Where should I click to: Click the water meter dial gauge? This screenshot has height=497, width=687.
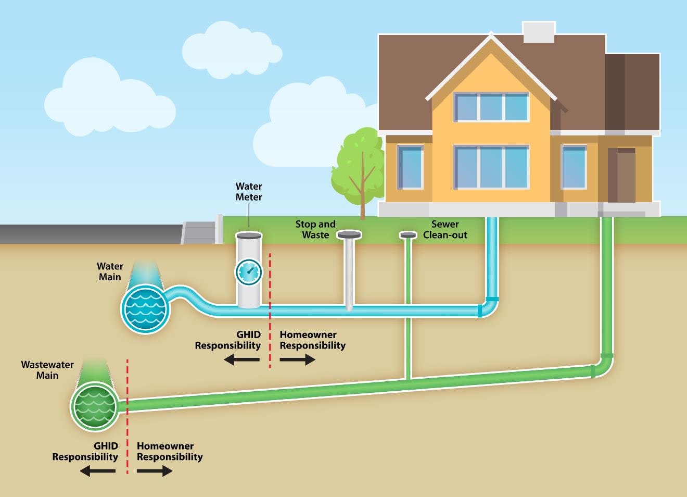point(249,271)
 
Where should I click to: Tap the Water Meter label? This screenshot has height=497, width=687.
point(249,192)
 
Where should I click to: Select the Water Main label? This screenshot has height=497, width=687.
point(110,271)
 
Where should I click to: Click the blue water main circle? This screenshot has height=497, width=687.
point(145,309)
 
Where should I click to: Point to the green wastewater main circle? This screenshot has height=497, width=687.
point(95,406)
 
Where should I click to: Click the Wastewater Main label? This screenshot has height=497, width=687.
point(47,370)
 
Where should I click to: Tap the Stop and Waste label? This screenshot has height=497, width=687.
point(315,229)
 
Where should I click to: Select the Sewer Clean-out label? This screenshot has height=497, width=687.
point(445,229)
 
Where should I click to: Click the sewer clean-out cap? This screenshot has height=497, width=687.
point(408,235)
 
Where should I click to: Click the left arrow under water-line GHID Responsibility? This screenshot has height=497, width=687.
point(242,359)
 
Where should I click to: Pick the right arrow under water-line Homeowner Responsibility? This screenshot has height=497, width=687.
point(297,359)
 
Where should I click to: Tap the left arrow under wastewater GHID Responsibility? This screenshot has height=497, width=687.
point(98,471)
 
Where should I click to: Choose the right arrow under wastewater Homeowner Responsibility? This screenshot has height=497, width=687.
point(155,471)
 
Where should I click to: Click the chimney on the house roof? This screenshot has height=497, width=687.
point(538,32)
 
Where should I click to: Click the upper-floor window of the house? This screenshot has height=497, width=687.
point(491,107)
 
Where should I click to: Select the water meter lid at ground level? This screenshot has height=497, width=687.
point(249,235)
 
